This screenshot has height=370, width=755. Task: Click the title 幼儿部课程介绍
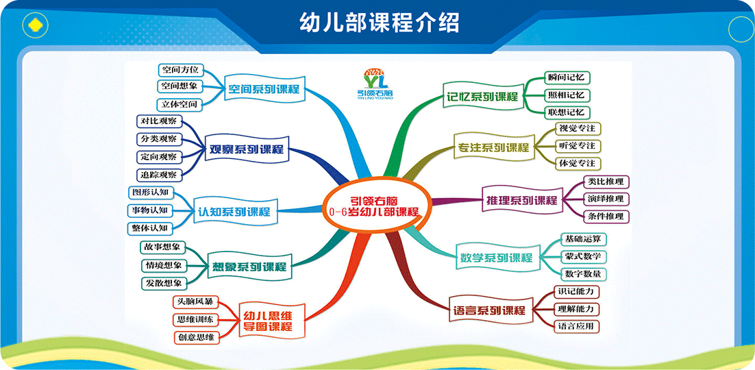pos(379,22)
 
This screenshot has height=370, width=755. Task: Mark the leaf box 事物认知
pos(149,210)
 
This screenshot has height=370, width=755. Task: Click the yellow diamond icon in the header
pos(36,25)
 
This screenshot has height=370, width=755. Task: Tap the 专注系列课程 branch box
pos(492,147)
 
